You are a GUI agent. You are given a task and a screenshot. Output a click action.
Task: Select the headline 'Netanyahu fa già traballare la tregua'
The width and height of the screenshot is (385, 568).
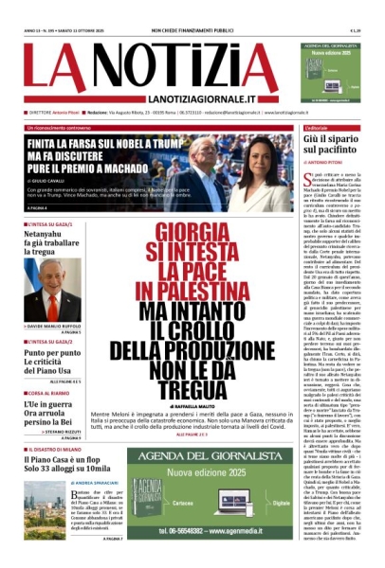pos(51,250)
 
